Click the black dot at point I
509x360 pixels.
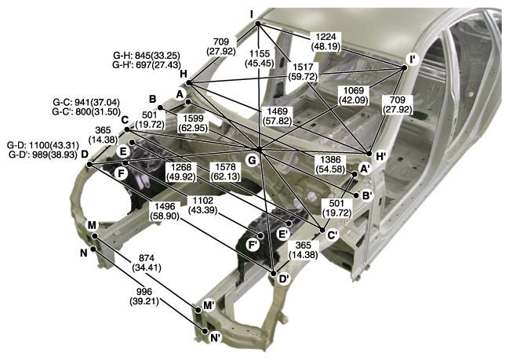pyautogui.click(x=258, y=24)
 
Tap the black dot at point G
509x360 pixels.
pyautogui.click(x=259, y=149)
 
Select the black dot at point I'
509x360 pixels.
pyautogui.click(x=404, y=68)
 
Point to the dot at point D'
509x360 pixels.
pyautogui.click(x=274, y=274)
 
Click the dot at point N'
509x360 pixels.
pyautogui.click(x=205, y=331)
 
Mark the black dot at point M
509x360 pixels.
pyautogui.click(x=94, y=236)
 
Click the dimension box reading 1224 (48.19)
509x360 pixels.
pyautogui.click(x=325, y=42)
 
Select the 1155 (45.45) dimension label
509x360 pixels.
pyautogui.click(x=259, y=58)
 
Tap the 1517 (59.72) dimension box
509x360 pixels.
pyautogui.click(x=303, y=72)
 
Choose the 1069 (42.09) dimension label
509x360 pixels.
pyautogui.click(x=354, y=96)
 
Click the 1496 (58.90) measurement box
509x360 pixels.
pyautogui.click(x=165, y=211)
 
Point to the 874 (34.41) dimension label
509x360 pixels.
pyautogui.click(x=147, y=263)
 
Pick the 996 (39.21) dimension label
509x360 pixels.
pyautogui.click(x=144, y=296)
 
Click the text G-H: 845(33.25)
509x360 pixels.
pyautogui.click(x=147, y=55)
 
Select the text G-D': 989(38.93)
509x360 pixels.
pyautogui.click(x=43, y=155)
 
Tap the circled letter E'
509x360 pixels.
pyautogui.click(x=282, y=234)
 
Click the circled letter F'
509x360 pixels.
pyautogui.click(x=253, y=245)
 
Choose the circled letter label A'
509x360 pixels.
pyautogui.click(x=365, y=169)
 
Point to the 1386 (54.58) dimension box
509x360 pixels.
pyautogui.click(x=330, y=164)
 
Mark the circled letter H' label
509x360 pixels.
pyautogui.click(x=380, y=156)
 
